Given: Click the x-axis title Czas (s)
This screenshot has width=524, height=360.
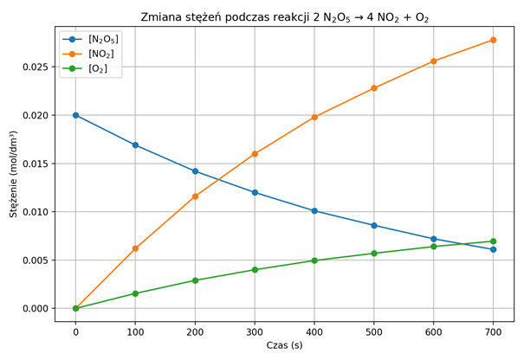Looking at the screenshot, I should pos(284,345).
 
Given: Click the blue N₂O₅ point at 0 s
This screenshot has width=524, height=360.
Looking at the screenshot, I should pos(76,115).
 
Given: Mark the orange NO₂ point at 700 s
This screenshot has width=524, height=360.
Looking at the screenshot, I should pos(493,40).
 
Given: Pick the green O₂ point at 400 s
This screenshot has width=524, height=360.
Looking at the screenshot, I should pos(314,260).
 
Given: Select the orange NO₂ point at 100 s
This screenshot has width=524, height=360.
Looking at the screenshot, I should pos(135,248).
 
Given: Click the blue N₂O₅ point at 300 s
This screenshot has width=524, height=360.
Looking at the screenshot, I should pos(255,192).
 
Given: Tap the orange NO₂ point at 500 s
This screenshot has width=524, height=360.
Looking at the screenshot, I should pos(374,88).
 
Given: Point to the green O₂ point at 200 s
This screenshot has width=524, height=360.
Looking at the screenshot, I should pos(195,280).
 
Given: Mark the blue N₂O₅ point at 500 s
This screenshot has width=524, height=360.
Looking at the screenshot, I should pos(374,225).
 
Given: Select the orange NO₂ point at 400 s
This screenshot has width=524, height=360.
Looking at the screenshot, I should pos(314,117).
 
